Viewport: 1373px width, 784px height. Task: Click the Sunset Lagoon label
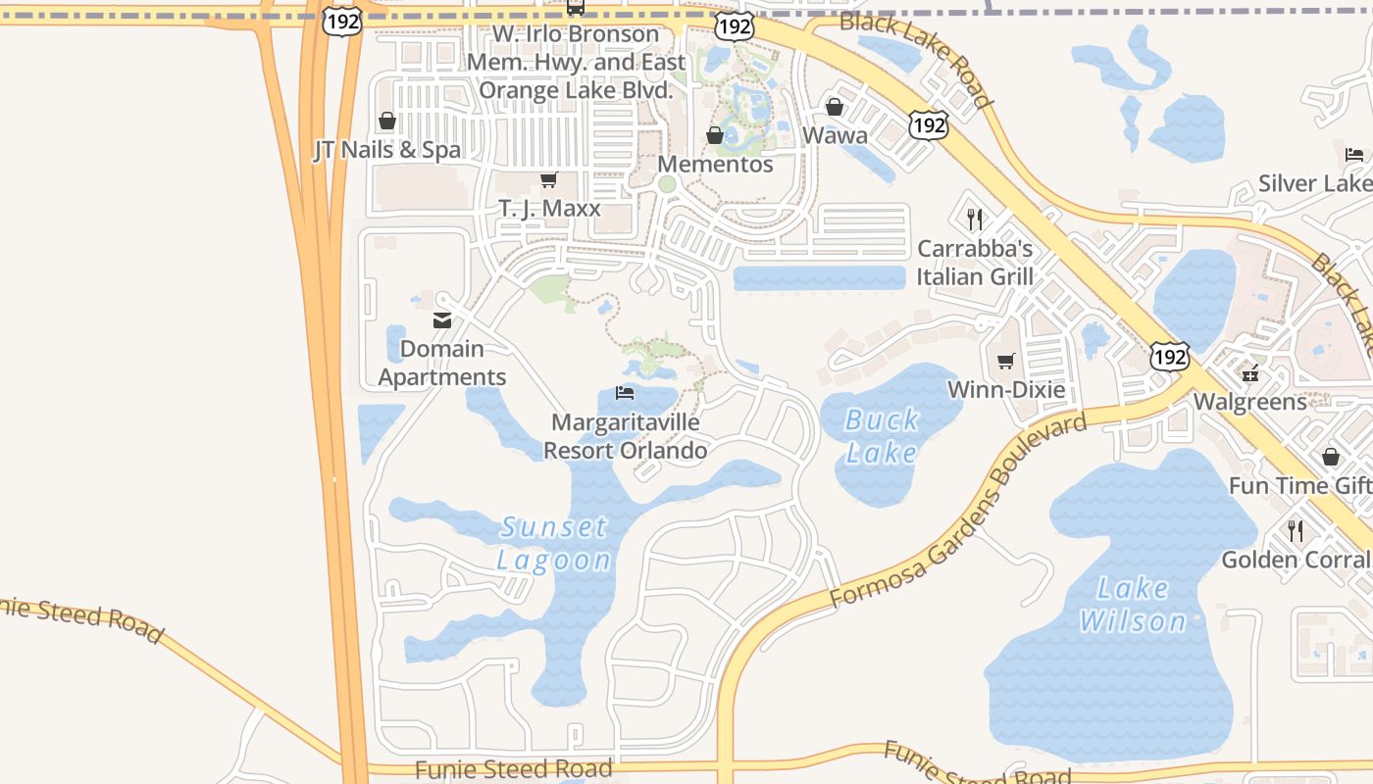(x=554, y=544)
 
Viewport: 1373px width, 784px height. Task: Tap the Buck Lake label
(x=882, y=436)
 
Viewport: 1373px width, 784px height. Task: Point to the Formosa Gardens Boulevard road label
(x=958, y=512)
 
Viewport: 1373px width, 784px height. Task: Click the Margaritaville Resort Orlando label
(x=626, y=436)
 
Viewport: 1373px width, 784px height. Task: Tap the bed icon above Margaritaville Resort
(x=625, y=394)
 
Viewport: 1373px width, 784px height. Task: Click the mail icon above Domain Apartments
(x=442, y=319)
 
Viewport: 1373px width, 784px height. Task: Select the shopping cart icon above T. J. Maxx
(x=549, y=180)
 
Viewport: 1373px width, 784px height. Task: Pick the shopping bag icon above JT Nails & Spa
(x=387, y=121)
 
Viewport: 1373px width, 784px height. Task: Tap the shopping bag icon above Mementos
(x=715, y=135)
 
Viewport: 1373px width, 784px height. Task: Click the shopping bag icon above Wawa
(x=835, y=106)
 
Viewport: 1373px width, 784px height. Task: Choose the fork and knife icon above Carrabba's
(x=975, y=219)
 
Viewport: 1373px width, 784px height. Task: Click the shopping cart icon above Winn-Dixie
(x=1005, y=362)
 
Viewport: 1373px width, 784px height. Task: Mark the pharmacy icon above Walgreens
(x=1250, y=372)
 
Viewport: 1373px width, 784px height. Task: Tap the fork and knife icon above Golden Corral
(x=1296, y=531)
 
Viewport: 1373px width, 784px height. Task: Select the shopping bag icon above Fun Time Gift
(x=1331, y=457)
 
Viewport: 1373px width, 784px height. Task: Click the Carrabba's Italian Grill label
(x=975, y=263)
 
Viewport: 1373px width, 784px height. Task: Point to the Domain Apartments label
(x=442, y=363)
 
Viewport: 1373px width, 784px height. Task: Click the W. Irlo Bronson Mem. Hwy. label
(x=576, y=62)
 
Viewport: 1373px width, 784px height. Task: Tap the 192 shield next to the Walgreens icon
(x=1171, y=357)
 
